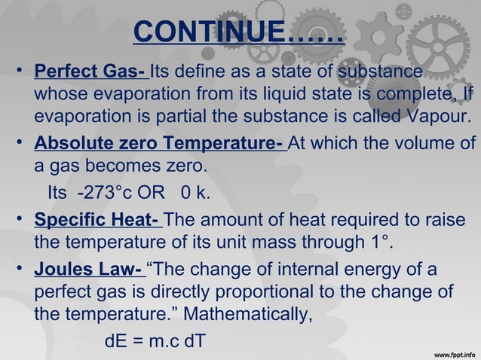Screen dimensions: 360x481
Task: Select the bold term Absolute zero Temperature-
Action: pyautogui.click(x=159, y=143)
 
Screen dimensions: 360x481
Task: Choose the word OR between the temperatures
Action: pyautogui.click(x=158, y=194)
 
